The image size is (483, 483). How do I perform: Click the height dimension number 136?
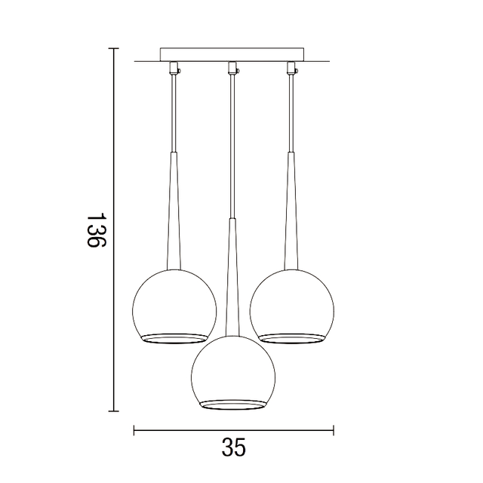(94, 231)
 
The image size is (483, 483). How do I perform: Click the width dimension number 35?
(234, 448)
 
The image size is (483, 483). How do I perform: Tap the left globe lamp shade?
(174, 306)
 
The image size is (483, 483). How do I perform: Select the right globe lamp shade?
(292, 306)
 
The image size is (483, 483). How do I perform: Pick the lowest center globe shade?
(232, 374)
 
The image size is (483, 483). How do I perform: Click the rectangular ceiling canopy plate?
(233, 54)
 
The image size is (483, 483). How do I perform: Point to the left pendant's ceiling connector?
(174, 68)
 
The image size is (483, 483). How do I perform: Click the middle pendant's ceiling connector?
(232, 68)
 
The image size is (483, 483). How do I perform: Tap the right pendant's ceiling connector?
(291, 68)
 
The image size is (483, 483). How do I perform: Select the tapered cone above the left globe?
(174, 219)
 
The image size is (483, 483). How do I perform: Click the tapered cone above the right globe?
(291, 219)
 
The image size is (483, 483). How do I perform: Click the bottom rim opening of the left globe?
(174, 337)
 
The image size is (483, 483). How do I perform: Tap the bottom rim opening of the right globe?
(292, 337)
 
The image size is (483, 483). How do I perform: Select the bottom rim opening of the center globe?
(232, 405)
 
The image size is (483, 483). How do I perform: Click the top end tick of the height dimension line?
(114, 49)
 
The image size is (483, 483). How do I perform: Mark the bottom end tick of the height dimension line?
(114, 411)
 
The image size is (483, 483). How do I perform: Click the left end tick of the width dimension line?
(134, 430)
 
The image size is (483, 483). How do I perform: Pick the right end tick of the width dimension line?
(333, 430)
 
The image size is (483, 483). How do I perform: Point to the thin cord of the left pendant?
(174, 113)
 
